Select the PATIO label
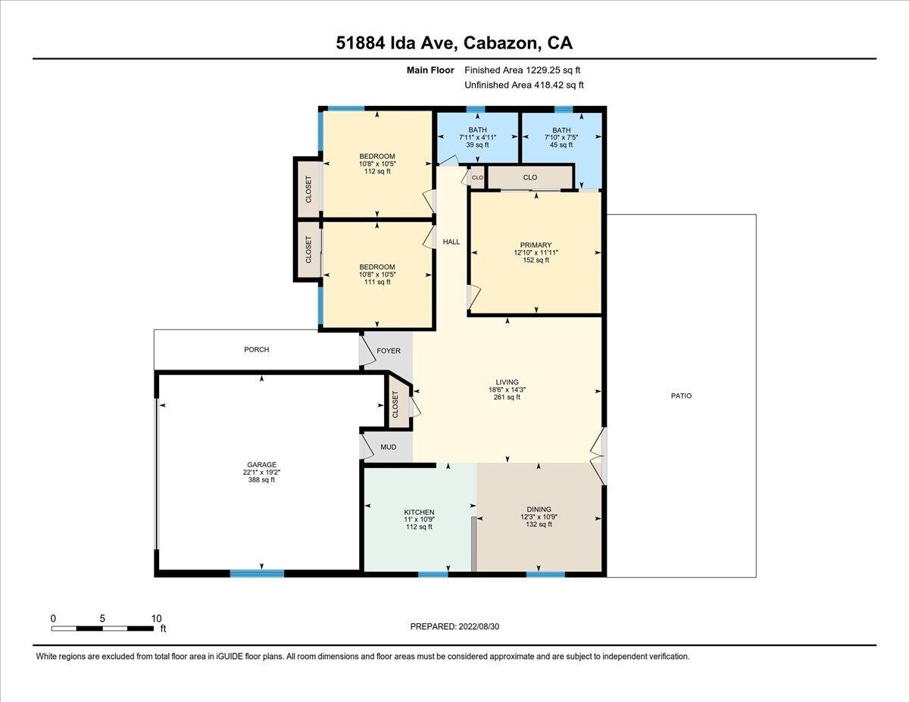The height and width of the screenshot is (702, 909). click(x=681, y=395)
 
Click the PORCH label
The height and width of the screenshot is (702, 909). click(x=257, y=350)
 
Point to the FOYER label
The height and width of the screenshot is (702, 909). click(x=389, y=351)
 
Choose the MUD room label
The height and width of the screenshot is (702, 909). click(x=388, y=448)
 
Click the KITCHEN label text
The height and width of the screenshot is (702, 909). click(x=418, y=513)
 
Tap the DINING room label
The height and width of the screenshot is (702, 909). click(x=539, y=510)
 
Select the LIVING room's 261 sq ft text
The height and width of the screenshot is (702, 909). click(x=507, y=398)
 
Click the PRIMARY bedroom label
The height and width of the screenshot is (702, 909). click(x=536, y=245)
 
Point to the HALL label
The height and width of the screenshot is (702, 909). click(x=451, y=242)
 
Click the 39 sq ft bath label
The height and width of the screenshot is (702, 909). click(x=477, y=145)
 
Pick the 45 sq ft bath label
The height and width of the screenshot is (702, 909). click(x=561, y=145)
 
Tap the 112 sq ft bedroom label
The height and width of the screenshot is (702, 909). click(x=377, y=171)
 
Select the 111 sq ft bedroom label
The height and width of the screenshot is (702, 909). click(x=377, y=282)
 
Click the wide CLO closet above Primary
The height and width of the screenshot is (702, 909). click(x=529, y=177)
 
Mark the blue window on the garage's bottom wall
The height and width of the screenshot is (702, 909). click(x=257, y=573)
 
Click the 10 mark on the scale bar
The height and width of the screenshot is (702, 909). click(x=156, y=619)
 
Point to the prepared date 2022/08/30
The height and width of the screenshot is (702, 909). click(x=454, y=626)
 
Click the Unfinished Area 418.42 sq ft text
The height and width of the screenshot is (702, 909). click(x=523, y=86)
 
